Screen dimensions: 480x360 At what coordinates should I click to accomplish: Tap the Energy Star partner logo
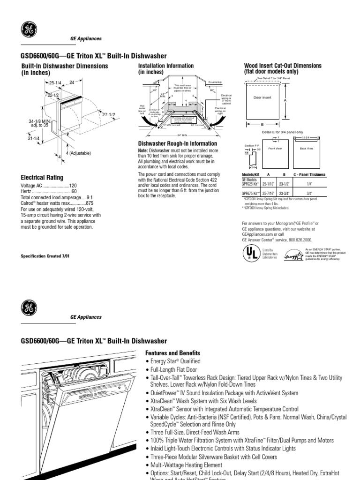[x=294, y=256]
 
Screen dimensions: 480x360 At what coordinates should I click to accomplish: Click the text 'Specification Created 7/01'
[x=47, y=256]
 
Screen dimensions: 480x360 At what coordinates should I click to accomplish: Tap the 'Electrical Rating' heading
[x=42, y=178]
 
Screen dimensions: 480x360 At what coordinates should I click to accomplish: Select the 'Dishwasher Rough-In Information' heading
[x=171, y=143]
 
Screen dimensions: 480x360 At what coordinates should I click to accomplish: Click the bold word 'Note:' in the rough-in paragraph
[x=142, y=150]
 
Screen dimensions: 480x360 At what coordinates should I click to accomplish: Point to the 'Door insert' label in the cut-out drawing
[x=262, y=97]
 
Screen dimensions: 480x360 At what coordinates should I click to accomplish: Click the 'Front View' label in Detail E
[x=275, y=148]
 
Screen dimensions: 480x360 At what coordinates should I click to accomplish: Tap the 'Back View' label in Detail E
[x=307, y=148]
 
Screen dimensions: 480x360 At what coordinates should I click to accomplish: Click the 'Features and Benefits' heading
[x=172, y=353]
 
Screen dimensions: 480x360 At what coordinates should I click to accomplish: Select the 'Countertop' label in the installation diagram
[x=215, y=82]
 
